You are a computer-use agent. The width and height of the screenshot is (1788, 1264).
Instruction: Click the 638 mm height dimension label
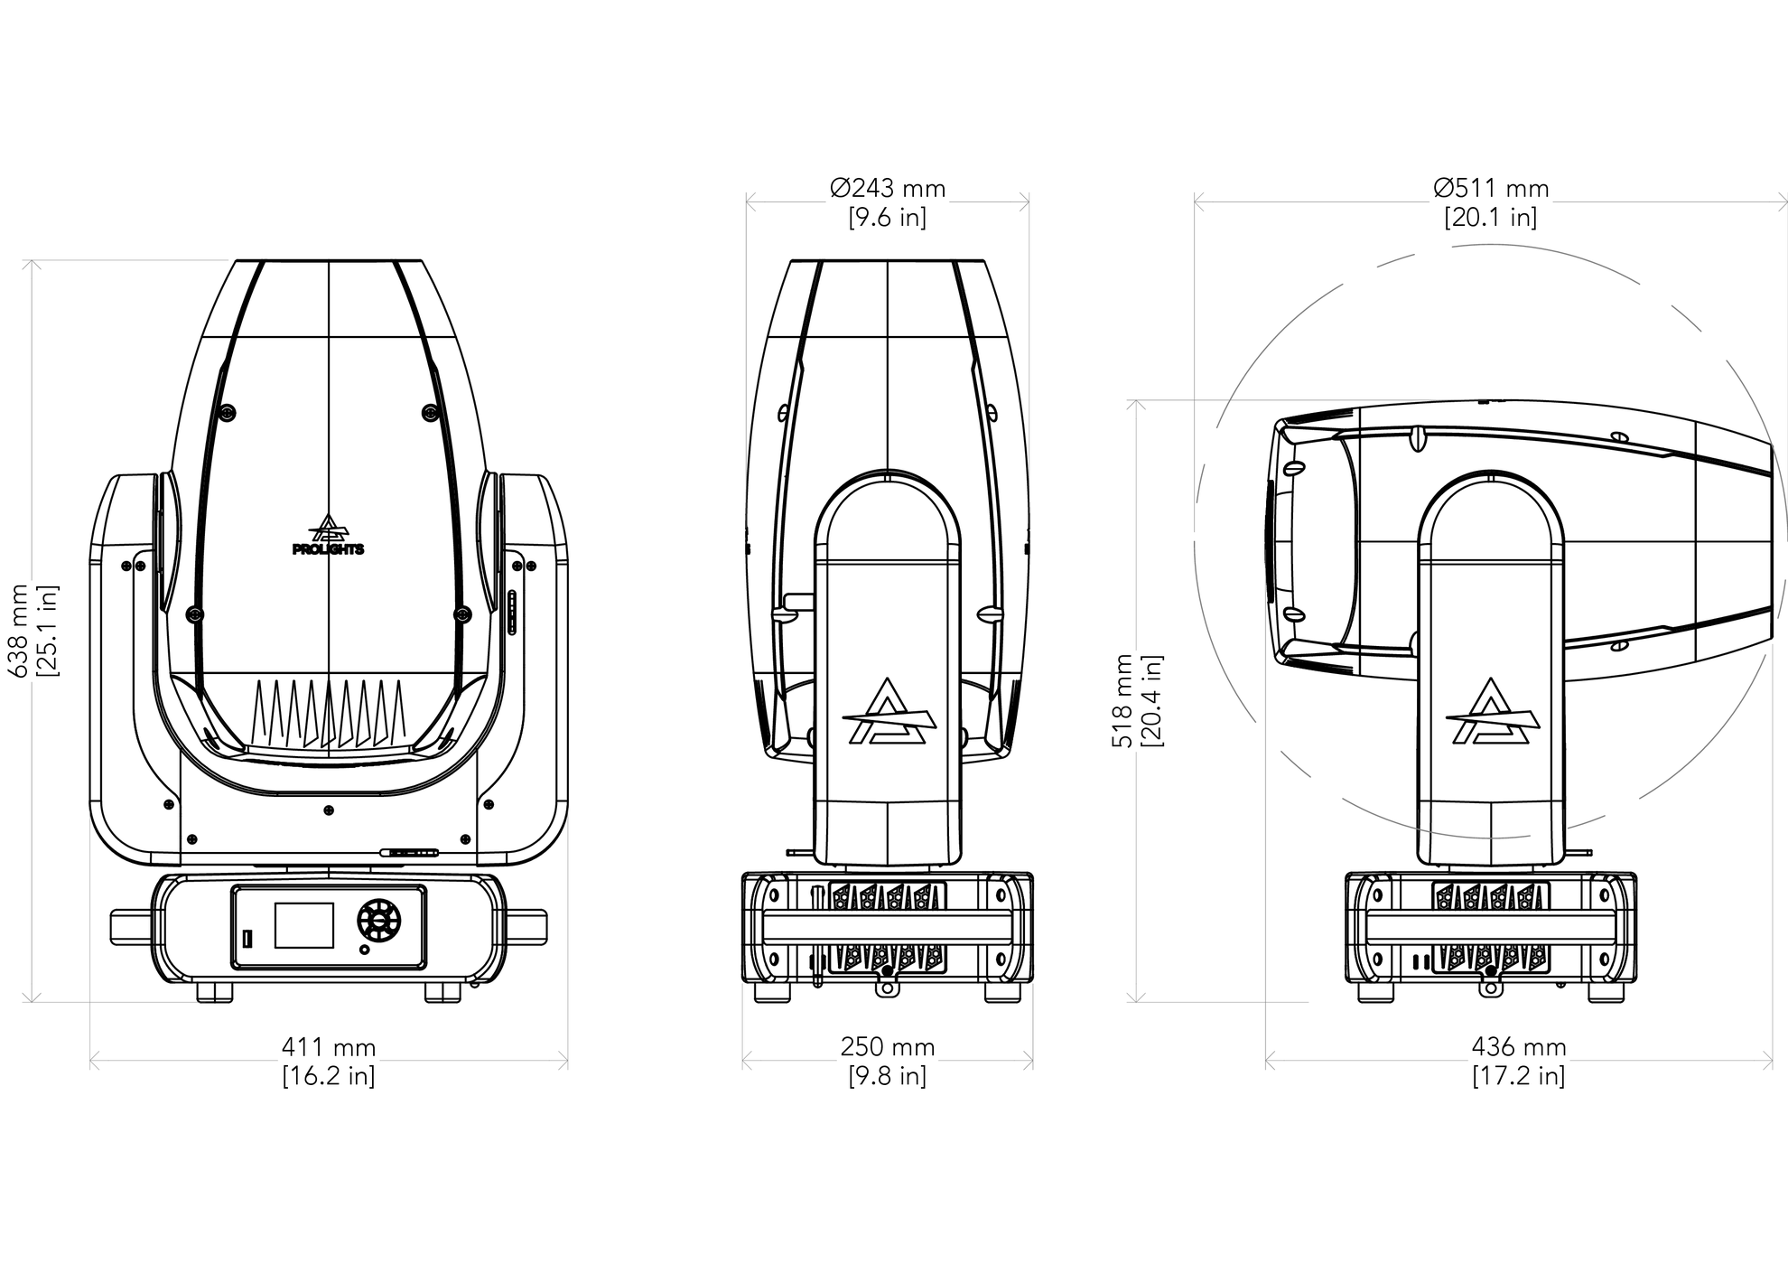click(x=19, y=631)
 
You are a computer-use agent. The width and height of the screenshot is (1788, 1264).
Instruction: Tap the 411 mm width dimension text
click(x=329, y=1047)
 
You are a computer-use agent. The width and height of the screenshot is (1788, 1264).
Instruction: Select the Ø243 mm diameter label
click(x=888, y=189)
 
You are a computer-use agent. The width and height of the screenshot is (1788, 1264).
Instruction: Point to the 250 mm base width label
click(x=888, y=1047)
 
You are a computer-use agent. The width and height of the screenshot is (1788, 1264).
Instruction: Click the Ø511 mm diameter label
click(x=1491, y=189)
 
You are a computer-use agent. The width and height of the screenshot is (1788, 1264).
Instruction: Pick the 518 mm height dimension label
click(x=1122, y=701)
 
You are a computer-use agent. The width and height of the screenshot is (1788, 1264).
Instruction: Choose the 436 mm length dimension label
click(x=1519, y=1047)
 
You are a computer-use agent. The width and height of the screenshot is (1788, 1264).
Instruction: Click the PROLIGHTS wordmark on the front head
click(x=329, y=548)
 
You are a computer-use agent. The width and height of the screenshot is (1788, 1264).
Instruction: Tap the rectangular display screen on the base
click(x=304, y=925)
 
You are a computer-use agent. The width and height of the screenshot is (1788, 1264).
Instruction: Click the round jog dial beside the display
click(x=378, y=921)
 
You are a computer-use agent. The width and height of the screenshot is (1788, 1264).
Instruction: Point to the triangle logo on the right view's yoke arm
click(x=1492, y=712)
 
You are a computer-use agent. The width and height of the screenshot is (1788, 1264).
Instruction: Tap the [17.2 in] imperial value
click(x=1519, y=1076)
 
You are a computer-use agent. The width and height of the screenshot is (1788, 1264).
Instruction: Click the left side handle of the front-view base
click(x=131, y=928)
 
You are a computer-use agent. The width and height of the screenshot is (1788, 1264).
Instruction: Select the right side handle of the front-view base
click(x=526, y=928)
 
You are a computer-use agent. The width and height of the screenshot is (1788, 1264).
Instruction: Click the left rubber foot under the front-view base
click(x=215, y=992)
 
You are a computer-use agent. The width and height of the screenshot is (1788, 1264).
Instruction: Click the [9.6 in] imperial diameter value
click(x=888, y=218)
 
